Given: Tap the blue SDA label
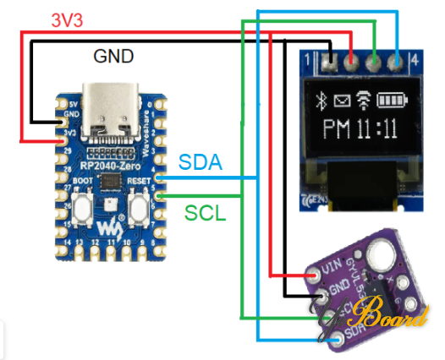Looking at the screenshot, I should point(201,163).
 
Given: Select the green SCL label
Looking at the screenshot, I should point(205,213).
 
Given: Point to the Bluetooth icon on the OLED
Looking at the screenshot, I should point(320,102).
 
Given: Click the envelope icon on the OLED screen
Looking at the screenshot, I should point(342,102).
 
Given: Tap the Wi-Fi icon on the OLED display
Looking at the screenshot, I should point(365,101).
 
